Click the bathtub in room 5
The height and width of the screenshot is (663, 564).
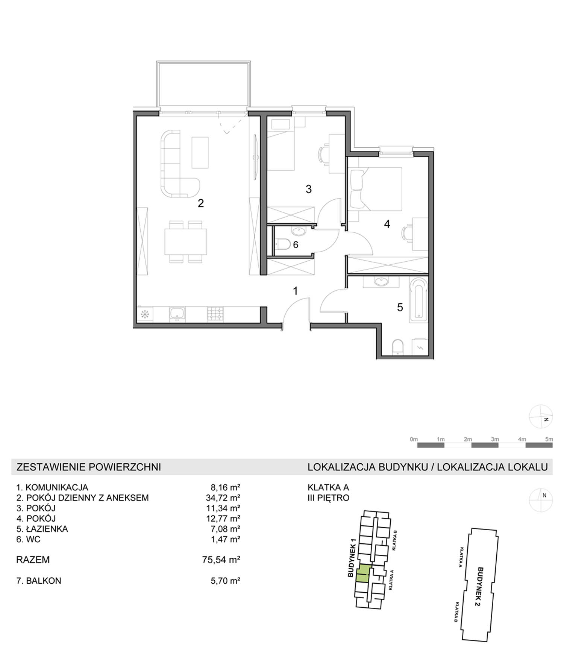418,300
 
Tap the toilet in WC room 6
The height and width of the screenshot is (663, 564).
282,245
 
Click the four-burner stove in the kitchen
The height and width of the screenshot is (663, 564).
215,314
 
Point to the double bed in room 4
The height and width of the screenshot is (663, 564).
376,188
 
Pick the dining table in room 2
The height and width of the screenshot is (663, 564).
186,241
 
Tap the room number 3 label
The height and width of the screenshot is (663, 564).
309,189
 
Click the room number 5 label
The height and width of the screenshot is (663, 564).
400,307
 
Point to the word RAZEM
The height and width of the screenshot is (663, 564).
33,560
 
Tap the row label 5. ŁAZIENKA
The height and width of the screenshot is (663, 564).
42,529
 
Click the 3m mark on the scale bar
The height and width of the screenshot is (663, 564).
495,439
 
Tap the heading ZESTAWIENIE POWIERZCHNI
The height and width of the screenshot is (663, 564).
89,467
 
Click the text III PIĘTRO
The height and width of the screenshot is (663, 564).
329,498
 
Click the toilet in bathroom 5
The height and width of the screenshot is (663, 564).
397,347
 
